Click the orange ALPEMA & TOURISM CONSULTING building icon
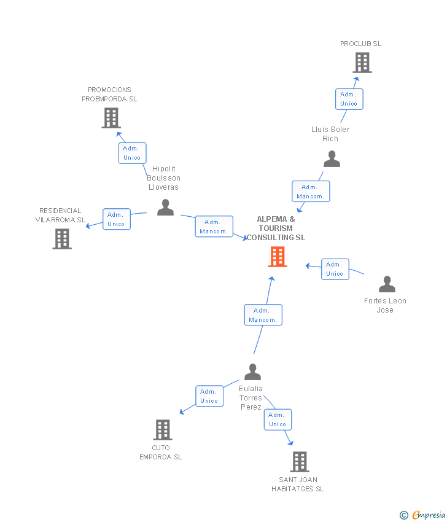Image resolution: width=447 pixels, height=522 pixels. click(278, 257)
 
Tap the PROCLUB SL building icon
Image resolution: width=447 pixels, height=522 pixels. click(362, 63)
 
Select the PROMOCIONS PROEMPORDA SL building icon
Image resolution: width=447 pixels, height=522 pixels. click(111, 118)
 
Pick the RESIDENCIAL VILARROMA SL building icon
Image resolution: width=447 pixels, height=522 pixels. click(62, 239)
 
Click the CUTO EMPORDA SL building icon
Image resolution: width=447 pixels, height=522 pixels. click(162, 430)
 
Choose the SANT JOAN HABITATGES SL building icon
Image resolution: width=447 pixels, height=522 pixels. click(299, 462)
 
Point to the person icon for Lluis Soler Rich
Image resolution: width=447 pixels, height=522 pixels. click(332, 160)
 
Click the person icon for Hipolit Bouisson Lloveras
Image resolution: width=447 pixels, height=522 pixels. click(165, 208)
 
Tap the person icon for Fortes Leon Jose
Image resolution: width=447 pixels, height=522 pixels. click(387, 284)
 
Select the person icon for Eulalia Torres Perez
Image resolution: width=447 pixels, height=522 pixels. click(252, 372)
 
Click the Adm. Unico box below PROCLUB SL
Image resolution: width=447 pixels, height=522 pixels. click(349, 99)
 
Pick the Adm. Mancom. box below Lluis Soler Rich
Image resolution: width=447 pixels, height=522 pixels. click(311, 192)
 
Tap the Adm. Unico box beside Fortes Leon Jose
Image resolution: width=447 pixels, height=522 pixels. click(335, 269)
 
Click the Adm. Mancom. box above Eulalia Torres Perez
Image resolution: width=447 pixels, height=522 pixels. click(263, 315)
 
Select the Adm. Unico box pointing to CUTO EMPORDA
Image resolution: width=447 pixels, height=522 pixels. click(209, 396)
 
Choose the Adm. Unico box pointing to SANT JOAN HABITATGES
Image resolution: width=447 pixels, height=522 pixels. click(278, 419)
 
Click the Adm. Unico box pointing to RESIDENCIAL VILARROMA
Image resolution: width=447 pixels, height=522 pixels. click(116, 219)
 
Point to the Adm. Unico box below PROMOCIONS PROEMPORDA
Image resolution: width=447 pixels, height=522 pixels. click(132, 153)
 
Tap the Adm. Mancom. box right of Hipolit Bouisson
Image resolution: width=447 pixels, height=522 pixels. click(214, 227)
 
